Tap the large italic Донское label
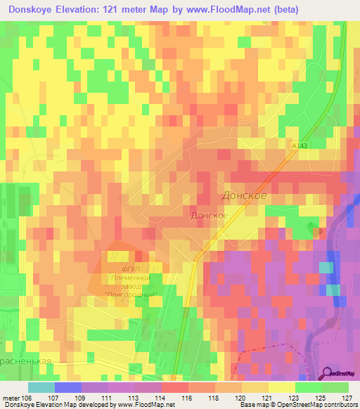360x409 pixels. pyautogui.click(x=244, y=195)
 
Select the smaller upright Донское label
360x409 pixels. pyautogui.click(x=208, y=215)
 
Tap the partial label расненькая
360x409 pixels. pyautogui.click(x=27, y=358)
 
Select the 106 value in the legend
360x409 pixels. pyautogui.click(x=27, y=397)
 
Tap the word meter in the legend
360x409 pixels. pyautogui.click(x=10, y=397)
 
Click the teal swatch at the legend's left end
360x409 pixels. pyautogui.click(x=41, y=387)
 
